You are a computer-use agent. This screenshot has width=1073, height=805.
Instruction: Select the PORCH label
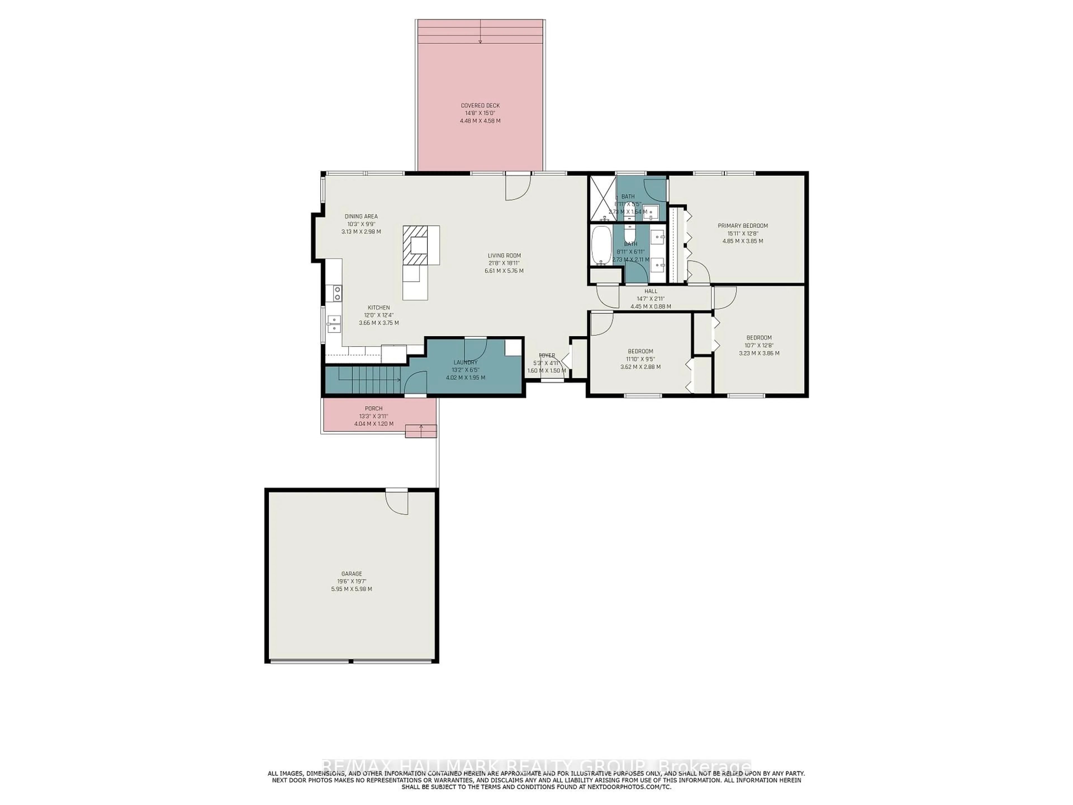pyautogui.click(x=374, y=409)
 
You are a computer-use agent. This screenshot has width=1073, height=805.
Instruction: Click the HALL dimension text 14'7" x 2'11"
pyautogui.click(x=651, y=299)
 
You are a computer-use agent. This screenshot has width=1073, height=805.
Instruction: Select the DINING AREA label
pyautogui.click(x=361, y=216)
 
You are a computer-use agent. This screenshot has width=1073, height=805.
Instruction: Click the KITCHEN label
pyautogui.click(x=378, y=308)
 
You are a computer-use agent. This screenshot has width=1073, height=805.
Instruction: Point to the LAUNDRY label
pyautogui.click(x=465, y=363)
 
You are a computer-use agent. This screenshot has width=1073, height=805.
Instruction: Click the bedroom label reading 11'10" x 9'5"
pyautogui.click(x=640, y=359)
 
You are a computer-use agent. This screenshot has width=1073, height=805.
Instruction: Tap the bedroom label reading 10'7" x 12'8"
pyautogui.click(x=759, y=345)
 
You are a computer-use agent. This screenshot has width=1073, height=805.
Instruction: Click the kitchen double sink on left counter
pyautogui.click(x=334, y=324)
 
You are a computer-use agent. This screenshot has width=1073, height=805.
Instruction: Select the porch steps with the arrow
pyautogui.click(x=421, y=430)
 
